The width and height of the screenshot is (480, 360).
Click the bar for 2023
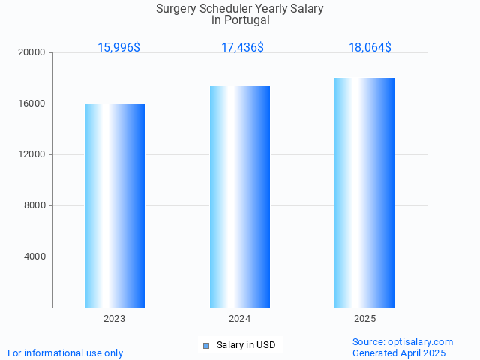tap(115, 205)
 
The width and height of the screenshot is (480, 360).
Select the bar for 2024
tap(240, 196)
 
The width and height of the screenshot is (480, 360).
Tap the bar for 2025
tap(364, 193)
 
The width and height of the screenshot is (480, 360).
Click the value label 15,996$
tap(118, 48)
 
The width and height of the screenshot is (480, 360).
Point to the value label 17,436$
tap(242, 48)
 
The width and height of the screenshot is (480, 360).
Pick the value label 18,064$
tap(370, 48)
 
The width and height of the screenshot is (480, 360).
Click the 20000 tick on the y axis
tap(31, 53)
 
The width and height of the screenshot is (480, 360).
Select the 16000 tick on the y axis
tap(31, 104)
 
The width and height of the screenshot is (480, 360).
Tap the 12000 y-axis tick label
tap(31, 155)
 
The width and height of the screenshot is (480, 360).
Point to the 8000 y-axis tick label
tap(34, 206)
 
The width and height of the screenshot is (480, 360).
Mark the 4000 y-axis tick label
tap(34, 257)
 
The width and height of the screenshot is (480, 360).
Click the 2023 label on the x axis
tap(115, 319)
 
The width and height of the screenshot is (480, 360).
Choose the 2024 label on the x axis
tap(240, 319)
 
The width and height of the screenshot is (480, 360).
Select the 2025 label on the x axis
tap(365, 319)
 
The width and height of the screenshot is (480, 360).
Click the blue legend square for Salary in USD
tap(206, 346)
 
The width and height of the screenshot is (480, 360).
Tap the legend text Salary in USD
tap(246, 345)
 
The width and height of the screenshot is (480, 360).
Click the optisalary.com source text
tap(420, 342)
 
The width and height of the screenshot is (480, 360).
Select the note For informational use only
tap(65, 353)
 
